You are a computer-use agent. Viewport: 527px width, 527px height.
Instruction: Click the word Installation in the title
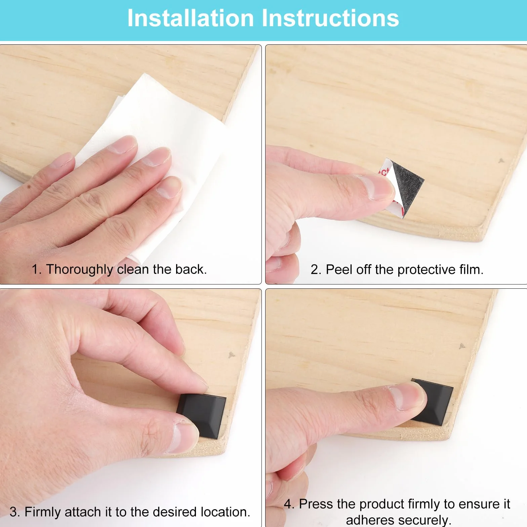(191, 18)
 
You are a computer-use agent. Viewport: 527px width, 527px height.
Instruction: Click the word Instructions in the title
(330, 18)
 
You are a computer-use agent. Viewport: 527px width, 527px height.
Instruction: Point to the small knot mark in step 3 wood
(232, 355)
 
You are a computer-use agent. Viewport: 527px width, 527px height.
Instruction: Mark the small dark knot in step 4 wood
(462, 346)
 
